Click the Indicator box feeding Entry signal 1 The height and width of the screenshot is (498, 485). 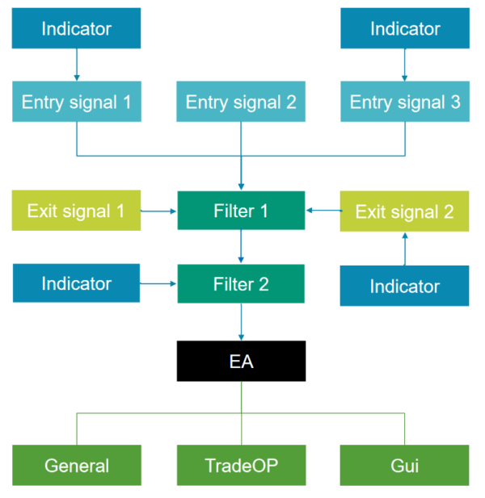77,29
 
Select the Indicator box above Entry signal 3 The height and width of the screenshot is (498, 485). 404,29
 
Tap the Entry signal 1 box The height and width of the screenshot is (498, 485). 77,103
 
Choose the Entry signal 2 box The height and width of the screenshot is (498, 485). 241,103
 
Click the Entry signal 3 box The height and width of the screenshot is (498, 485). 404,103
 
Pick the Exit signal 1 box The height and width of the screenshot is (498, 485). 77,211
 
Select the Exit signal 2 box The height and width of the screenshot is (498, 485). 404,211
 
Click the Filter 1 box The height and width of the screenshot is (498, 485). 241,211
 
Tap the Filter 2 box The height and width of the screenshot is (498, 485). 241,284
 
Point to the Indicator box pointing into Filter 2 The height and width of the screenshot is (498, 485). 77,283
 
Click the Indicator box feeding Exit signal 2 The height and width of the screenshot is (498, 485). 404,286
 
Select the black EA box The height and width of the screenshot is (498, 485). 241,361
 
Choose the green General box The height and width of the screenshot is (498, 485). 77,466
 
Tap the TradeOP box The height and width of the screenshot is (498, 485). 241,466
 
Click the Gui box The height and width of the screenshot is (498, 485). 404,466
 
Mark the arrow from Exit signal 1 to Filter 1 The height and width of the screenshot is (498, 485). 159,211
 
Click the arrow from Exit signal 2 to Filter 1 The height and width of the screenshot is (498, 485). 323,211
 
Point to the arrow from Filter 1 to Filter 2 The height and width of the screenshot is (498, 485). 241,247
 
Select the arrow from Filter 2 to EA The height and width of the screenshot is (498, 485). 241,322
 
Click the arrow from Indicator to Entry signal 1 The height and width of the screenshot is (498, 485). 77,65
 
